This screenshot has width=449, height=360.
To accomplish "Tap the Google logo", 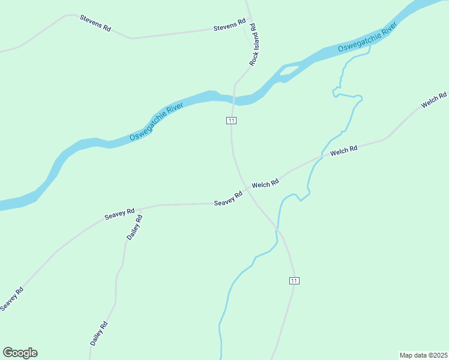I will [x=20, y=353].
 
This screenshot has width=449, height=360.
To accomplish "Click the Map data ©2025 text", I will [x=423, y=355].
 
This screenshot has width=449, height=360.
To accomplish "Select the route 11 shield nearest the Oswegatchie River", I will [x=231, y=121].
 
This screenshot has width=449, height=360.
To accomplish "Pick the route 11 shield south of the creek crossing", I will [x=294, y=281].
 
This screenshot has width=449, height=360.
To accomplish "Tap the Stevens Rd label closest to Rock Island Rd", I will [x=230, y=25].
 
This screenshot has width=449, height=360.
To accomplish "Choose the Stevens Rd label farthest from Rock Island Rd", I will [x=95, y=23].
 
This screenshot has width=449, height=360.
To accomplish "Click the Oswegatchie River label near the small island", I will [x=367, y=37].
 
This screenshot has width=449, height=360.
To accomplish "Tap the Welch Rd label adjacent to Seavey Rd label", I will [x=265, y=184].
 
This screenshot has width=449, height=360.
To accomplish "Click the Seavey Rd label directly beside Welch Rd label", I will [x=228, y=199].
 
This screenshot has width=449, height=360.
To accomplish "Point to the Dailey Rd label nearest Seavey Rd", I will [x=134, y=228].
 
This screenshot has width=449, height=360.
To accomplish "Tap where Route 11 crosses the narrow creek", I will [x=277, y=229].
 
